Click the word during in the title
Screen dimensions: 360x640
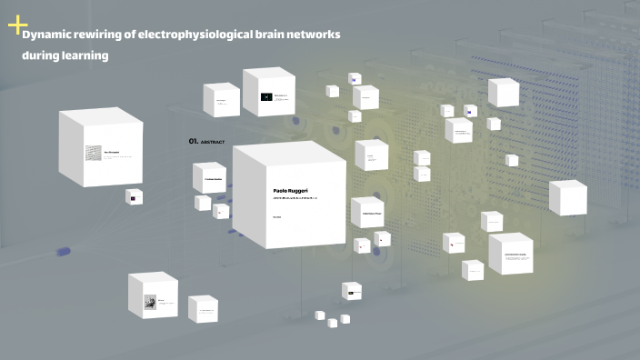41,55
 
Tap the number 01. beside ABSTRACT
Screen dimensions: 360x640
194,142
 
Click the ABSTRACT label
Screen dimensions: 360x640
213,143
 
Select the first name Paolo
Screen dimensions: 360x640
284,190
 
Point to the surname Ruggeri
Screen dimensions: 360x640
306,190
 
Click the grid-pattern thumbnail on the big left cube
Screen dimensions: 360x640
93,154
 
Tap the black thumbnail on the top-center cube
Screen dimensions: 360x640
266,96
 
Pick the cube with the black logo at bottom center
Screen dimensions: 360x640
352,291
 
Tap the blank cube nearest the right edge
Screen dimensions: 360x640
567,197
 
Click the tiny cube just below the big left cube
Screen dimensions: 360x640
134,196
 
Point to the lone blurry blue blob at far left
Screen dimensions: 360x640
65,251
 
